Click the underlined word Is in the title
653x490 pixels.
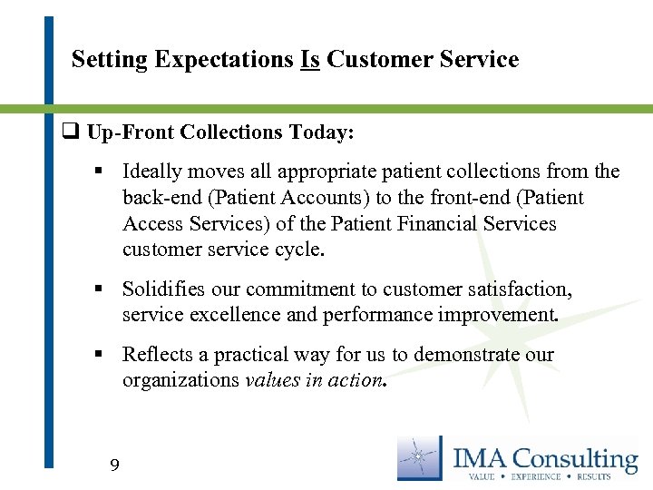[309, 60]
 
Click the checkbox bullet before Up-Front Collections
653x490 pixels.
[70, 132]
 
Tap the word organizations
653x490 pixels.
[180, 380]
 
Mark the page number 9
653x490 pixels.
[113, 466]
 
